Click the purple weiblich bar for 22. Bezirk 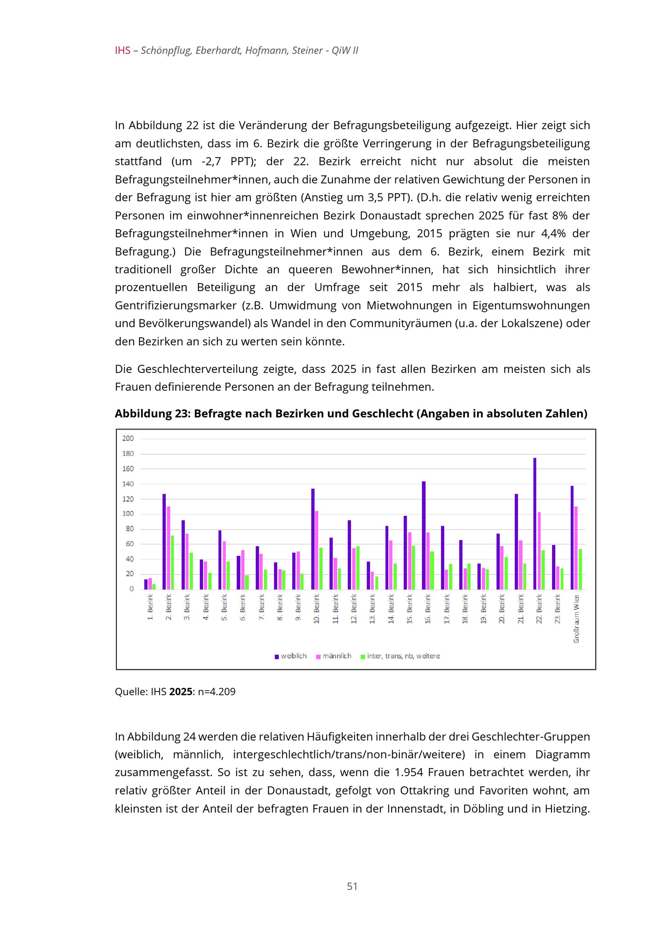[x=535, y=523]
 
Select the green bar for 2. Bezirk [x=173, y=562]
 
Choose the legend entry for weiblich [x=291, y=656]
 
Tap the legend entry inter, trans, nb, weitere [x=400, y=656]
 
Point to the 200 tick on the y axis [x=128, y=438]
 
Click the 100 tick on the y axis [x=128, y=514]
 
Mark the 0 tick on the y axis [x=132, y=589]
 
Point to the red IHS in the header [x=123, y=51]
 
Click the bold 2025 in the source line [x=181, y=692]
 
